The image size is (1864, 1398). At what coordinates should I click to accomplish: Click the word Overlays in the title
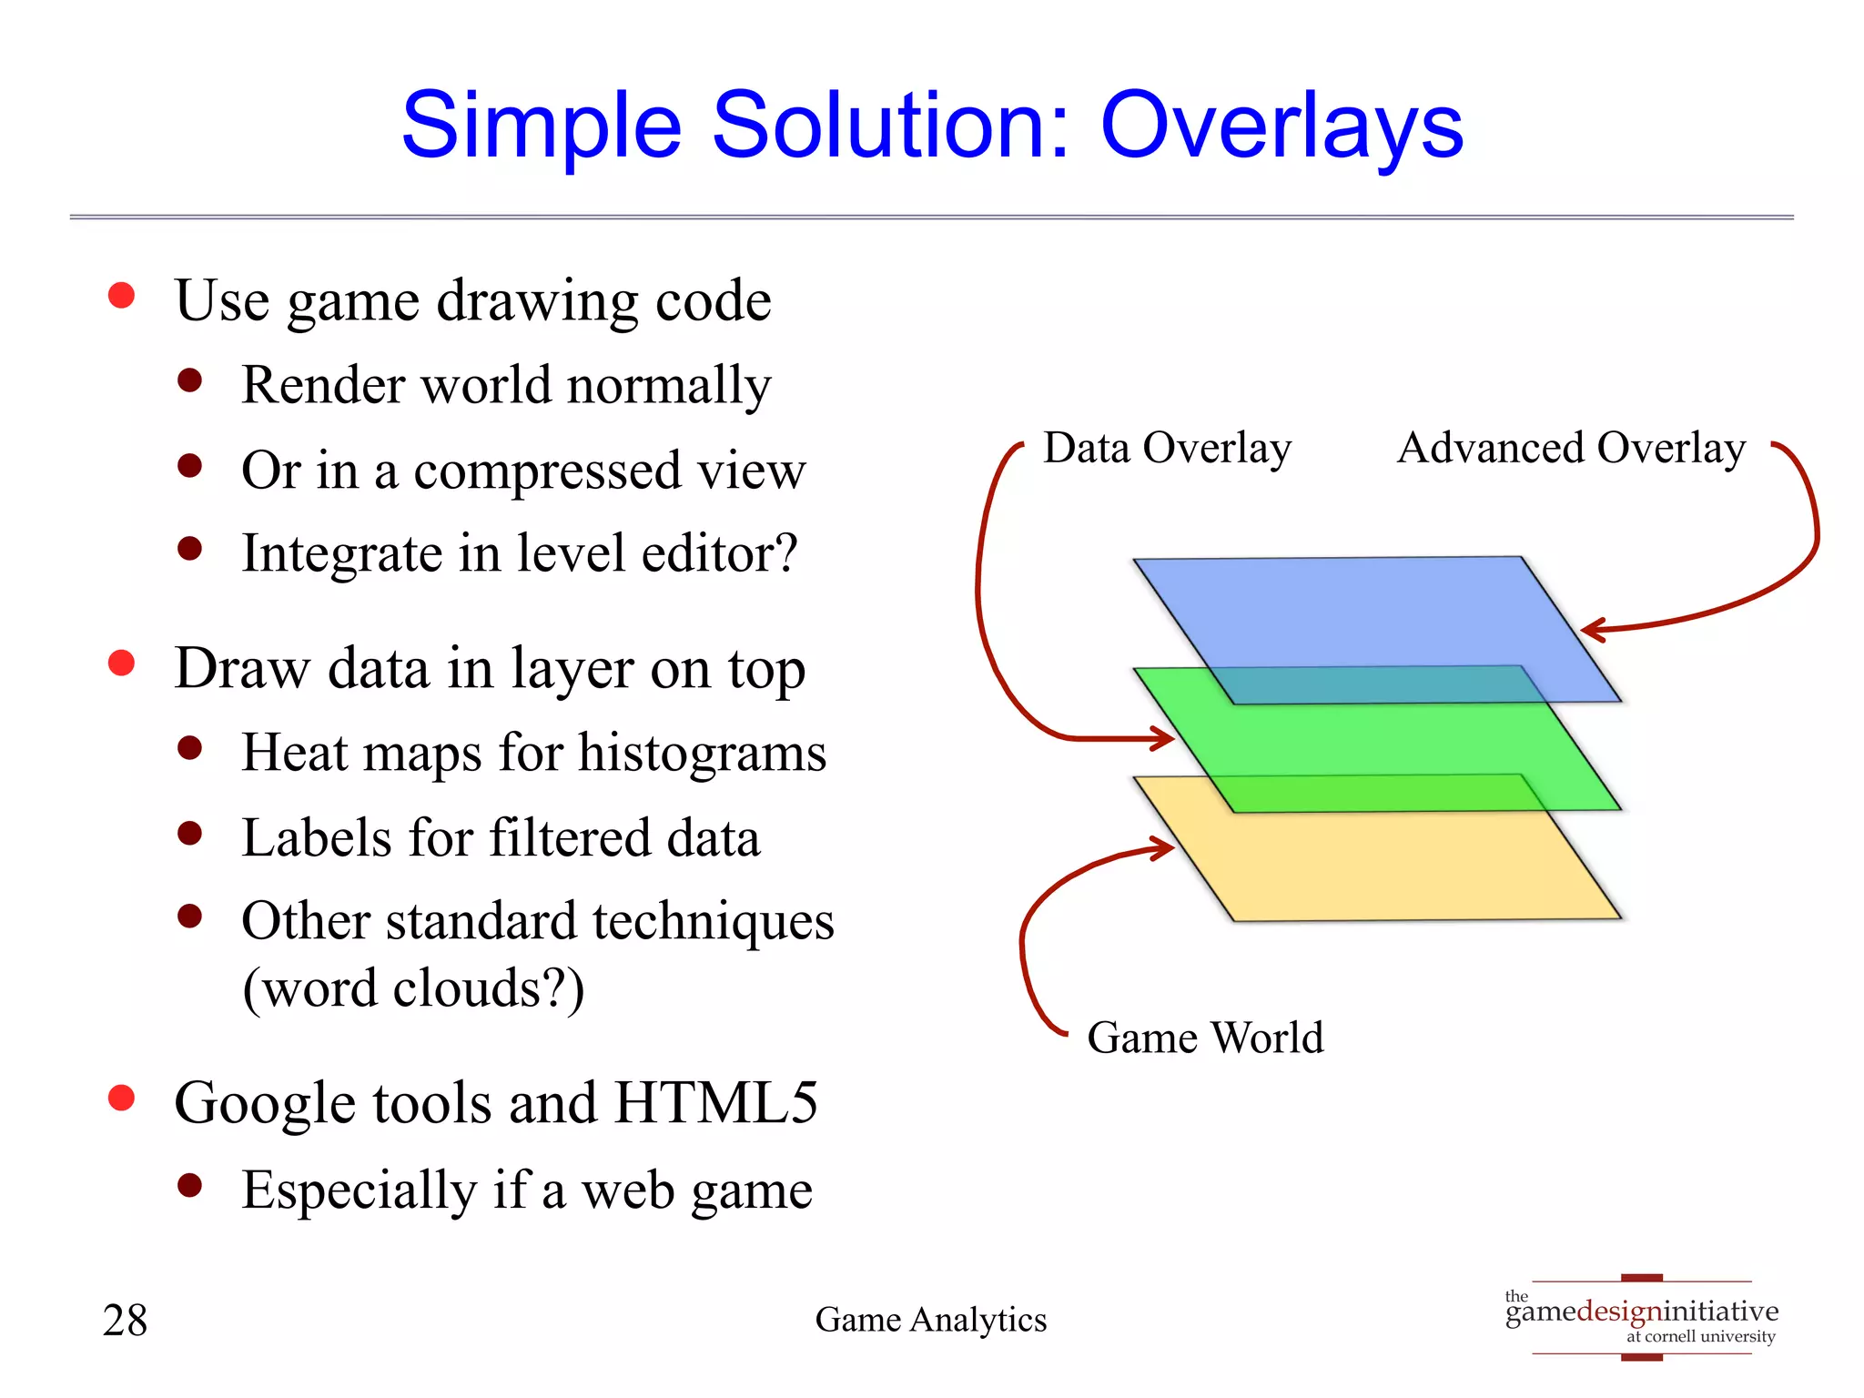point(1281,127)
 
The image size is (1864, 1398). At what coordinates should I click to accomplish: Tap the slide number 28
point(125,1321)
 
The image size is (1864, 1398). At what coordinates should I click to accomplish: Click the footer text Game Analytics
point(930,1320)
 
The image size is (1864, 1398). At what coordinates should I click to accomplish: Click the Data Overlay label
point(1167,449)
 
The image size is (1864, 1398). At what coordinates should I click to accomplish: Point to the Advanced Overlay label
point(1571,449)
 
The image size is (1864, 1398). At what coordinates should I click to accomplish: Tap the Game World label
point(1204,1038)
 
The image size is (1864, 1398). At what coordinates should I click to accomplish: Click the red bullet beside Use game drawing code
point(121,296)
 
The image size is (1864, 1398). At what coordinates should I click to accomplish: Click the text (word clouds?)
point(413,989)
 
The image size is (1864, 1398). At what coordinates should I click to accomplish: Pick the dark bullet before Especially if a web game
point(189,1185)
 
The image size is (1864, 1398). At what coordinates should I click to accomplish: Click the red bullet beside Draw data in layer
point(121,664)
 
